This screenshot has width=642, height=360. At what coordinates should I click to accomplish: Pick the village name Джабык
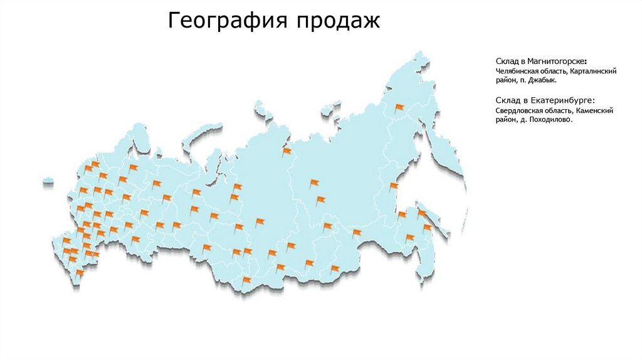544,81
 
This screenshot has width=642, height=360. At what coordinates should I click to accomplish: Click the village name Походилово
551,119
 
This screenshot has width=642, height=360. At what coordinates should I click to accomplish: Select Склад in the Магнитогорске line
507,61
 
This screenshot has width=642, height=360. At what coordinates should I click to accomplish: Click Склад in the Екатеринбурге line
507,100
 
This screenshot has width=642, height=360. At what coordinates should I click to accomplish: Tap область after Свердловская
558,110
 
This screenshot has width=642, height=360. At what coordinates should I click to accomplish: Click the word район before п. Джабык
505,81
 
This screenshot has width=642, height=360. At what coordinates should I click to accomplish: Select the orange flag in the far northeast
399,108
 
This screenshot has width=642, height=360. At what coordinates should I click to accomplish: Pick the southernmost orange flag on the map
79,273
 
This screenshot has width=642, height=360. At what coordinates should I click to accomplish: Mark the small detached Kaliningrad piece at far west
48,183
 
